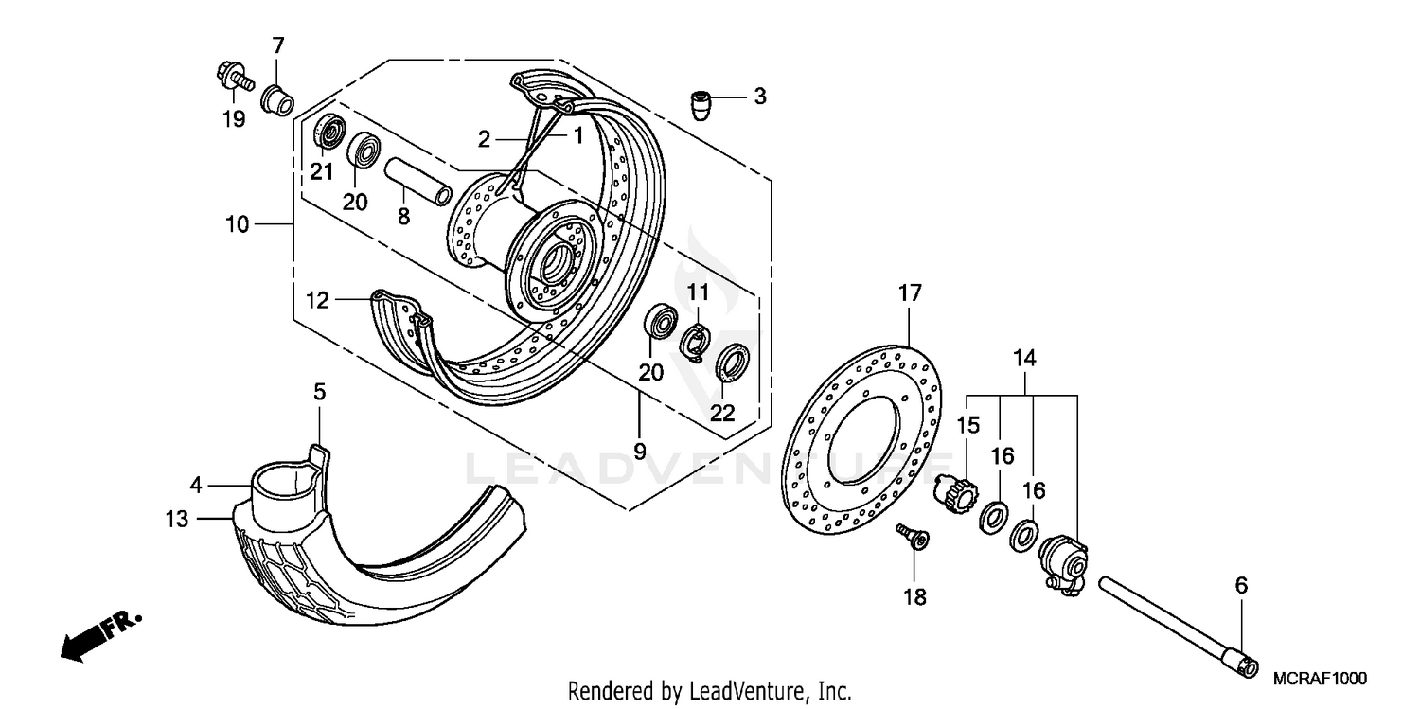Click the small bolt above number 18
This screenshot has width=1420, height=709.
click(x=914, y=540)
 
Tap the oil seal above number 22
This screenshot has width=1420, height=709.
click(x=733, y=363)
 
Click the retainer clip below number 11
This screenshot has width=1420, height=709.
click(x=696, y=340)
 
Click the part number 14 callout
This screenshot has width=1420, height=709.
click(x=1024, y=359)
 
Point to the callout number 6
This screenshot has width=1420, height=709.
click(x=1241, y=587)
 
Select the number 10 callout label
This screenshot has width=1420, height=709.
click(x=238, y=224)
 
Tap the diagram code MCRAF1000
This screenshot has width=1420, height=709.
click(x=1320, y=680)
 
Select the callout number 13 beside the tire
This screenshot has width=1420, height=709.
click(x=177, y=520)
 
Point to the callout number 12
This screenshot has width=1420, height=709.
click(x=317, y=301)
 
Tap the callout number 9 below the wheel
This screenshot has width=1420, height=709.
click(x=639, y=452)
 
